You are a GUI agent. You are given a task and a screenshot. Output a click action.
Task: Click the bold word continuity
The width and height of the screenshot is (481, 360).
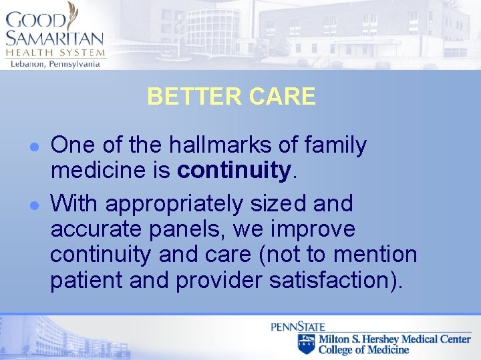pos(234,171)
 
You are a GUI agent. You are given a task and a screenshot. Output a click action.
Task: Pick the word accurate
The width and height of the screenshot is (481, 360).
pos(94,229)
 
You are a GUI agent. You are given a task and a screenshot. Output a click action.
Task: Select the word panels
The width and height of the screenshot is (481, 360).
pos(178,229)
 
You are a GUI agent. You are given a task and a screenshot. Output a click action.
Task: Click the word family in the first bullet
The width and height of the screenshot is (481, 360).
pos(332,145)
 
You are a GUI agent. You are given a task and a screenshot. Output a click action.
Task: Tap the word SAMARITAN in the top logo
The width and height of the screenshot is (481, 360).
pos(54,39)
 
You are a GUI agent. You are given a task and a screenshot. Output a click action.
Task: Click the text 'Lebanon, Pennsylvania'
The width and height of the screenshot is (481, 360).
pos(55,64)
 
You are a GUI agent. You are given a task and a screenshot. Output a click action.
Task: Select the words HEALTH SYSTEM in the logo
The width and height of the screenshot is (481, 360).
pos(55,53)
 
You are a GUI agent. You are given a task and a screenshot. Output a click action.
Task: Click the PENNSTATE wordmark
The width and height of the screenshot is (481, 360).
pos(298,327)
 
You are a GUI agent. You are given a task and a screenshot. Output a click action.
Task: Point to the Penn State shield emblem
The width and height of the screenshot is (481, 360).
pos(307,344)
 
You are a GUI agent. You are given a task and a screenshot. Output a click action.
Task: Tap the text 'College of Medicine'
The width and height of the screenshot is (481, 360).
pos(363,349)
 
